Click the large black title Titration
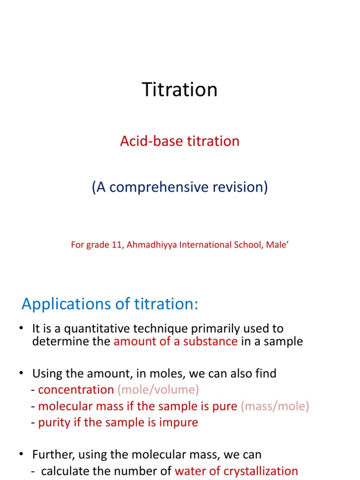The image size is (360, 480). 180,90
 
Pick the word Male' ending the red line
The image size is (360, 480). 276,245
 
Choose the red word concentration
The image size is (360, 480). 76,390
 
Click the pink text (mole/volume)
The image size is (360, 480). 158,390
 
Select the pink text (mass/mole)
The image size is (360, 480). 275,406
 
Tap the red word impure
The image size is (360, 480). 179,422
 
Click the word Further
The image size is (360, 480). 50,455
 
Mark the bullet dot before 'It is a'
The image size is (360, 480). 21,329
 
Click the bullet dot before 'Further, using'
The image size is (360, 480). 21,455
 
